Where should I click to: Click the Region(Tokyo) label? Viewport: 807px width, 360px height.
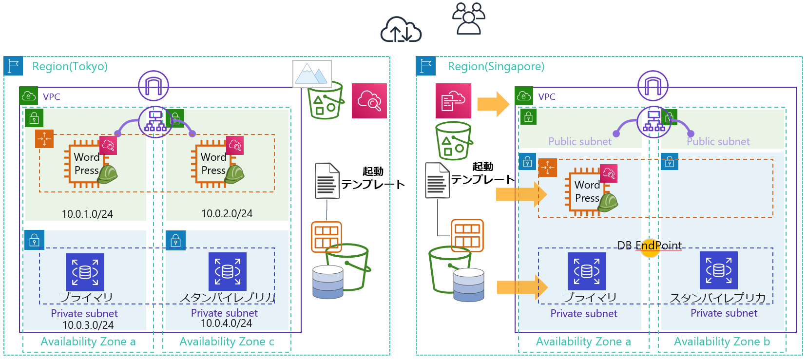point(70,66)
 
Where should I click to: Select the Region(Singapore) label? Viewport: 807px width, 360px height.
point(496,66)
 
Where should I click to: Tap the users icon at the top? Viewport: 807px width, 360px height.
point(469,19)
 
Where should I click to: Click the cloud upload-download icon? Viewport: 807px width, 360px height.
point(401,30)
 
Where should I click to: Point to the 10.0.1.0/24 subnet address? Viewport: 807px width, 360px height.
point(87,214)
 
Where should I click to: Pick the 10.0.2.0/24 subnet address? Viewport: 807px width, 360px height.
point(227,213)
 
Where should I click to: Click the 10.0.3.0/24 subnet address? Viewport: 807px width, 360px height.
point(88,325)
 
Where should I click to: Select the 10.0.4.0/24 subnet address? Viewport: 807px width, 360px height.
point(226,323)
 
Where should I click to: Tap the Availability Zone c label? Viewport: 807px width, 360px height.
point(227,342)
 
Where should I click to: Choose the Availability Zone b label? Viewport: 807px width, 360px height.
point(722,342)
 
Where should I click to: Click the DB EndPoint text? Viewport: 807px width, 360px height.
point(649,246)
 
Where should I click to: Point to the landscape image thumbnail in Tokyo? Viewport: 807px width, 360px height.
point(312,74)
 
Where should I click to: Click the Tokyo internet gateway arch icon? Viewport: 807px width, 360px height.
point(154,86)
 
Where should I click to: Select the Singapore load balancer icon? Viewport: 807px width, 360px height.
point(653,122)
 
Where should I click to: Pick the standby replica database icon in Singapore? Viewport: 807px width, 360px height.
point(718,270)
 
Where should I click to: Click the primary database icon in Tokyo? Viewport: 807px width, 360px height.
point(85,272)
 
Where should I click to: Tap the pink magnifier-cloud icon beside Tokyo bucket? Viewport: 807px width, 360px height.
point(369,101)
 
